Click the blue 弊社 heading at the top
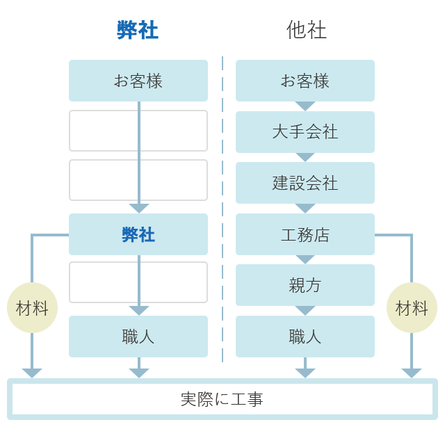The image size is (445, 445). point(138,30)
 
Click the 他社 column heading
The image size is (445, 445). point(306,30)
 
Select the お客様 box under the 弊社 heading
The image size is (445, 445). point(138,81)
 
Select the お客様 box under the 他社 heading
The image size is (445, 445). point(305,81)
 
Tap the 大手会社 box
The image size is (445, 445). point(305,132)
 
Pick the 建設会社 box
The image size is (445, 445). point(305,183)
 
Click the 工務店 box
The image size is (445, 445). point(305,234)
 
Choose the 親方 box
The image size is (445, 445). point(305,285)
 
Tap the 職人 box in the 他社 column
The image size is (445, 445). point(305,337)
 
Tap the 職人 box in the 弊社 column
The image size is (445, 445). point(138,337)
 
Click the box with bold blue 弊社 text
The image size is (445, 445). point(138,234)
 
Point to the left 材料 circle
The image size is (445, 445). point(32,308)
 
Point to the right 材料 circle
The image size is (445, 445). point(412,308)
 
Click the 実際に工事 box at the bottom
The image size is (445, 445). point(222,399)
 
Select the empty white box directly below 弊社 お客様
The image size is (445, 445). point(138,131)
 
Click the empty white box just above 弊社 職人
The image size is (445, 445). point(138,282)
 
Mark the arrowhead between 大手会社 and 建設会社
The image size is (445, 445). point(305,157)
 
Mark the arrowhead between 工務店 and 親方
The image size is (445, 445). point(305,259)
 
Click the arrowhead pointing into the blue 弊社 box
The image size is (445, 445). point(139,208)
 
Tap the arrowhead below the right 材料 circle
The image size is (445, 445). point(412,373)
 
